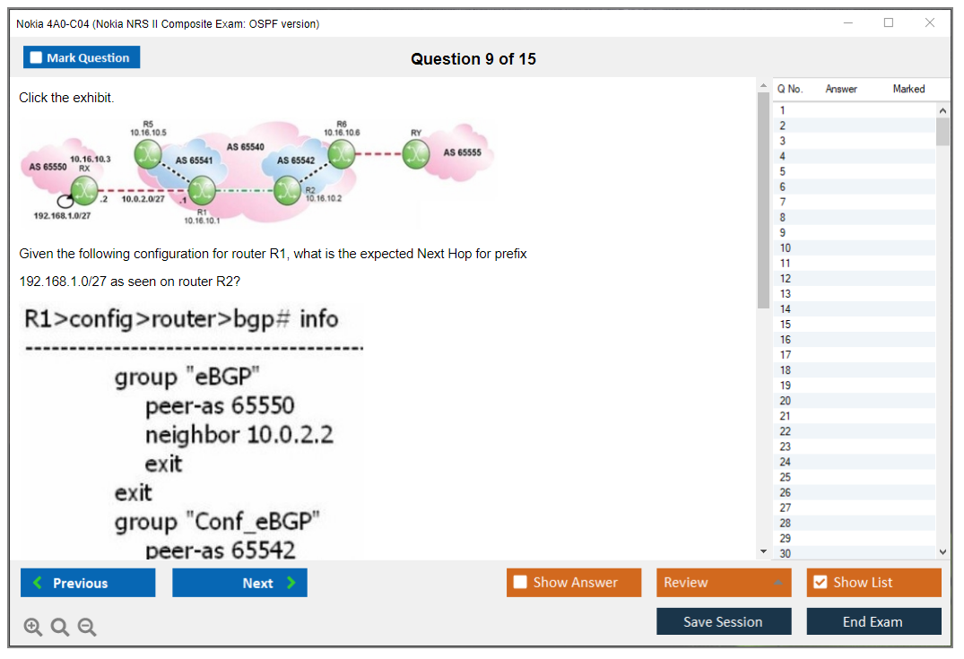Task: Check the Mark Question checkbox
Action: point(36,58)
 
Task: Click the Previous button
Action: point(88,583)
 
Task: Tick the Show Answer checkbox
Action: point(520,583)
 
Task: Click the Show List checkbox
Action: point(820,583)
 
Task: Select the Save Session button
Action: point(723,621)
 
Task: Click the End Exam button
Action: point(873,621)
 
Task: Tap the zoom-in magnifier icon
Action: point(33,628)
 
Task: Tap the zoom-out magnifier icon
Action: point(87,628)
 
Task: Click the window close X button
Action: point(930,23)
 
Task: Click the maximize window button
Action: point(889,23)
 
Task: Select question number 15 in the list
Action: point(786,325)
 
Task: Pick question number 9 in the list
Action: point(784,233)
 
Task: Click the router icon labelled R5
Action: point(148,153)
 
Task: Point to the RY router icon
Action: point(414,154)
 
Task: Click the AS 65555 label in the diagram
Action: point(462,152)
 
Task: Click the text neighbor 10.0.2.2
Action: point(239,435)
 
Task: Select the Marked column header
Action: point(908,89)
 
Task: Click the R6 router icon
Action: point(341,153)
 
